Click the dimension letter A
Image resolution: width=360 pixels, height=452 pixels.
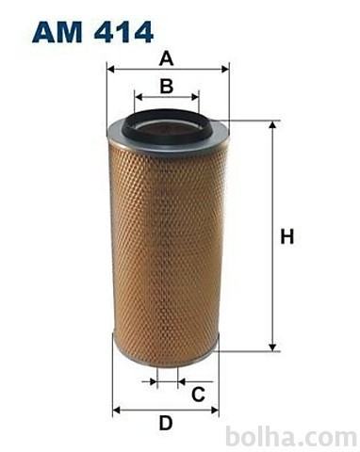tap(166, 58)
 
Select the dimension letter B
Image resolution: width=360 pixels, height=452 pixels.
tap(167, 87)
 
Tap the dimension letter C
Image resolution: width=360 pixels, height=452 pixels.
tap(198, 395)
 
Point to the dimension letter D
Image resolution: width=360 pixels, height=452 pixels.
tap(166, 423)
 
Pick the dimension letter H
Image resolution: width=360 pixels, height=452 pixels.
tap(287, 236)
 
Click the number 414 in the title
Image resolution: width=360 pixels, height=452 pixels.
tap(123, 32)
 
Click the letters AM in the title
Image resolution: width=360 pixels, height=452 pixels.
tap(57, 32)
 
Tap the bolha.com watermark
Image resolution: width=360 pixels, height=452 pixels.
tap(291, 436)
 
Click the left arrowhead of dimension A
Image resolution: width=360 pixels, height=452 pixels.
tap(110, 69)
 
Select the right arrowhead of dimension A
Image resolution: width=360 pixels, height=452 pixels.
tap(225, 69)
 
